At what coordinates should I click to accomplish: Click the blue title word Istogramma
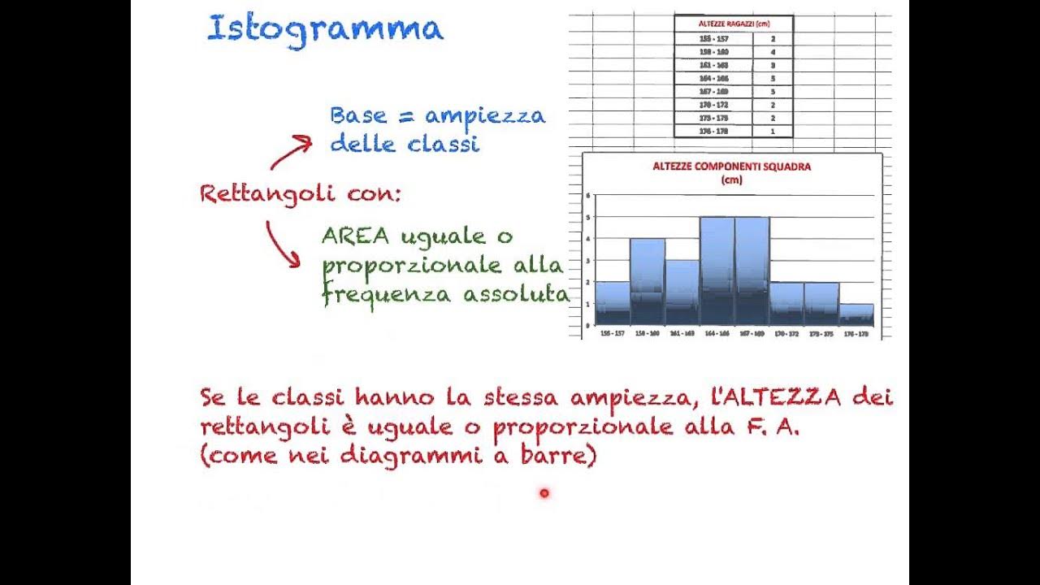click(325, 29)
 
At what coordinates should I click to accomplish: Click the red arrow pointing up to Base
click(291, 152)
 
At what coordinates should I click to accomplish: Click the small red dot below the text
click(544, 492)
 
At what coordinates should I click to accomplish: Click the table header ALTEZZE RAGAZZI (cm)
click(733, 24)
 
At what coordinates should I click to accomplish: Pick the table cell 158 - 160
click(713, 51)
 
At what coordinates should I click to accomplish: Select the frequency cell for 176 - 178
click(772, 131)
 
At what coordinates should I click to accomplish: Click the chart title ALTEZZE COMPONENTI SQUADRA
click(731, 167)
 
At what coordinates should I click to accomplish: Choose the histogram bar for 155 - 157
click(612, 302)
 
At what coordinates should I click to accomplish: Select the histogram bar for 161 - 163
click(682, 292)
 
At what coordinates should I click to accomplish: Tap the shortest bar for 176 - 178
click(856, 314)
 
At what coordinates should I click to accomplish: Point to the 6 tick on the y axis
click(587, 196)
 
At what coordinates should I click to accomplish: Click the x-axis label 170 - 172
click(786, 333)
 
